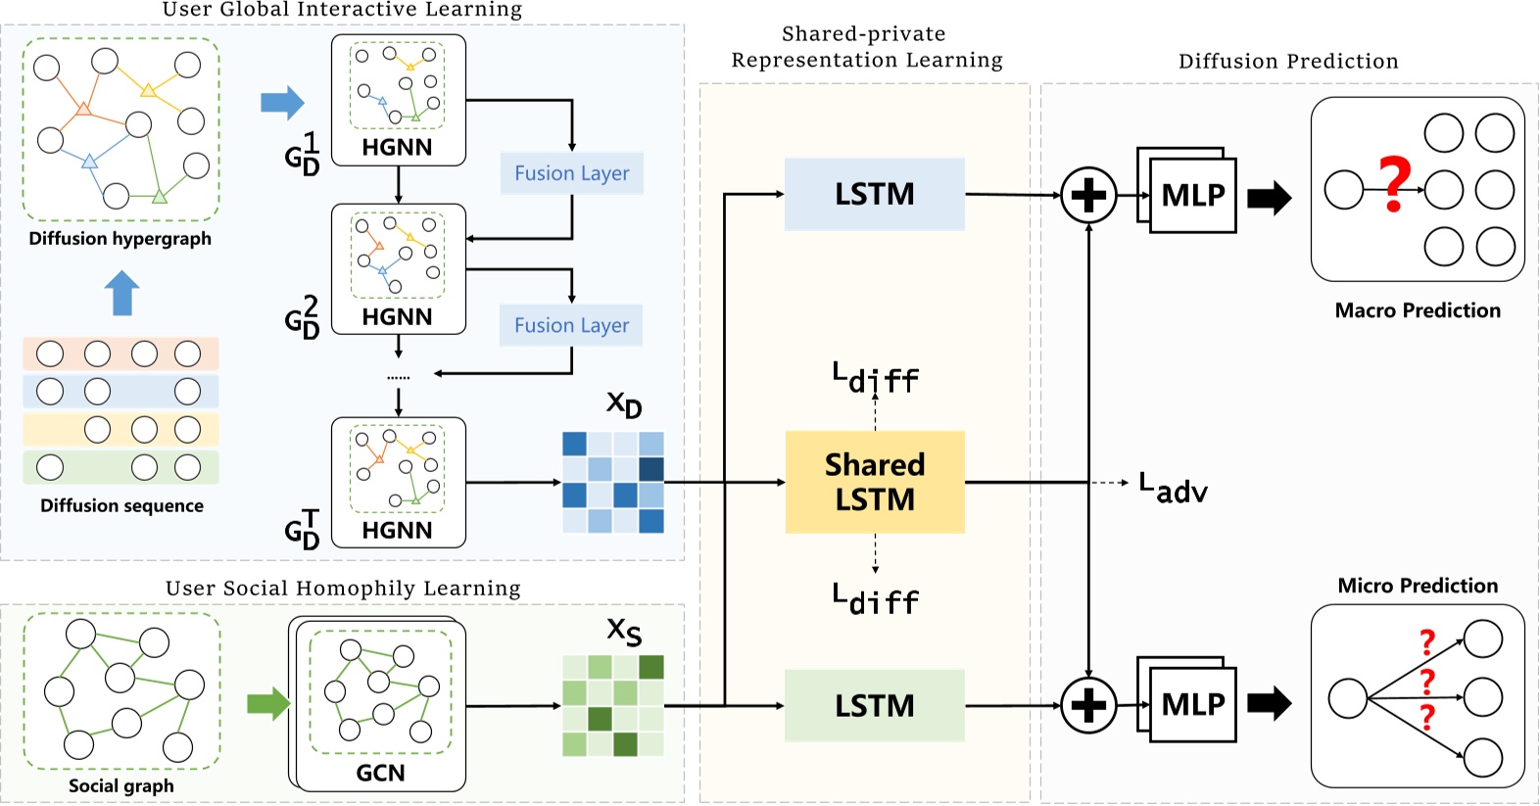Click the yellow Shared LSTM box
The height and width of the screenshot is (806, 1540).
[875, 482]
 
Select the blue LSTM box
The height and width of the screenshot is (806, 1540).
[875, 194]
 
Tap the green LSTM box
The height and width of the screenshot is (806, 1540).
[875, 705]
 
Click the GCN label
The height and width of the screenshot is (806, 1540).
[380, 773]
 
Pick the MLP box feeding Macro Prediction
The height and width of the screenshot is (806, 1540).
[1192, 196]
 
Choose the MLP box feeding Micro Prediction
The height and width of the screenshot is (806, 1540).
[1192, 704]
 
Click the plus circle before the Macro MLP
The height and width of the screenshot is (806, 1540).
[1088, 195]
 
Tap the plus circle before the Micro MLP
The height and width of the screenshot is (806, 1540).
[1088, 704]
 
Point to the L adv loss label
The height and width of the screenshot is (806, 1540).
[1173, 487]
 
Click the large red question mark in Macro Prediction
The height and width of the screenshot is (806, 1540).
[1395, 182]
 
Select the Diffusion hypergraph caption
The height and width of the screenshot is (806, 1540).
[120, 238]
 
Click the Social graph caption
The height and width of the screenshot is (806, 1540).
[121, 785]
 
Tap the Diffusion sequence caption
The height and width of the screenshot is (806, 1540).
[121, 505]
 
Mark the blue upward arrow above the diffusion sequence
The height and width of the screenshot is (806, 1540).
[121, 293]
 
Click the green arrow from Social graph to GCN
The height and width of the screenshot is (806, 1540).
[267, 703]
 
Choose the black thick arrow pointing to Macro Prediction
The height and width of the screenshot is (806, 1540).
[1270, 197]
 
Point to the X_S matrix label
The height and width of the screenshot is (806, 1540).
[624, 632]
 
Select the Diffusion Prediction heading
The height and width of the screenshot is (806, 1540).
[1288, 61]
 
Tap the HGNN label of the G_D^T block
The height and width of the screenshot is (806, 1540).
[397, 530]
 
